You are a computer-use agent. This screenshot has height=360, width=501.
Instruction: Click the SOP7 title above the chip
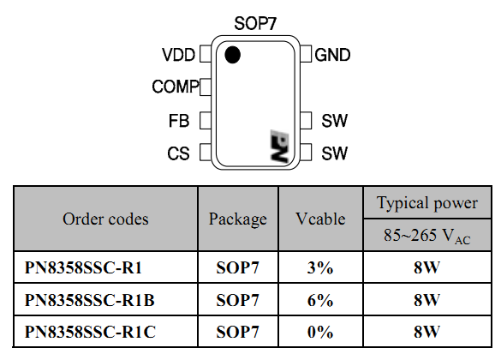coord(255,23)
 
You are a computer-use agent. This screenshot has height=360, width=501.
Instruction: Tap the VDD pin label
coord(178,55)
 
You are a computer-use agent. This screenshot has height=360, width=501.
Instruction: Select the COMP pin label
coord(176,87)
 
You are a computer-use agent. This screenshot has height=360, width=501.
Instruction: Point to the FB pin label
coord(179,121)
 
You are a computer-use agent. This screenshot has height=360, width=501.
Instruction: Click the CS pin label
coord(178,153)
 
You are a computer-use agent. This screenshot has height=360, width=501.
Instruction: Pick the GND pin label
coord(332,55)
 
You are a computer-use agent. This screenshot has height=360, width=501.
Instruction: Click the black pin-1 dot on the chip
coord(232,54)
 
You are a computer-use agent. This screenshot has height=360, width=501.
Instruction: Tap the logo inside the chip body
coord(279,146)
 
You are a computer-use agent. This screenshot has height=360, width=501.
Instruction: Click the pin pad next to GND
coord(306,54)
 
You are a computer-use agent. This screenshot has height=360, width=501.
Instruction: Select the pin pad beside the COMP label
coord(206,87)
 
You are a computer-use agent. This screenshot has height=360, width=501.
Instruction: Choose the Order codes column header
coord(105,219)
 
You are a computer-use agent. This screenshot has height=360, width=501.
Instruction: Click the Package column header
coord(238,219)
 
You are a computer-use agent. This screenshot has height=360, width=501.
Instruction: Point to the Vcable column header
coord(320,219)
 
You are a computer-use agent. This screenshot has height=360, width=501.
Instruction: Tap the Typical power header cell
coord(427,203)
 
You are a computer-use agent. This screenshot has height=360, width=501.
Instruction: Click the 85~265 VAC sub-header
coord(426,236)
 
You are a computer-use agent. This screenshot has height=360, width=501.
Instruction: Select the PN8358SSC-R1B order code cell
coord(89,300)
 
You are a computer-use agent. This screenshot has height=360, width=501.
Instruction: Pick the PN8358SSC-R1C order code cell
coord(90,332)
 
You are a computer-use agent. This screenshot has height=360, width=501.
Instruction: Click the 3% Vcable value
coord(320,267)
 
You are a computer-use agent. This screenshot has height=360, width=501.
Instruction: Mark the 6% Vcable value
coord(320,300)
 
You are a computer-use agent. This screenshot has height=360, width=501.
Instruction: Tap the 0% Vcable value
coord(320,332)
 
